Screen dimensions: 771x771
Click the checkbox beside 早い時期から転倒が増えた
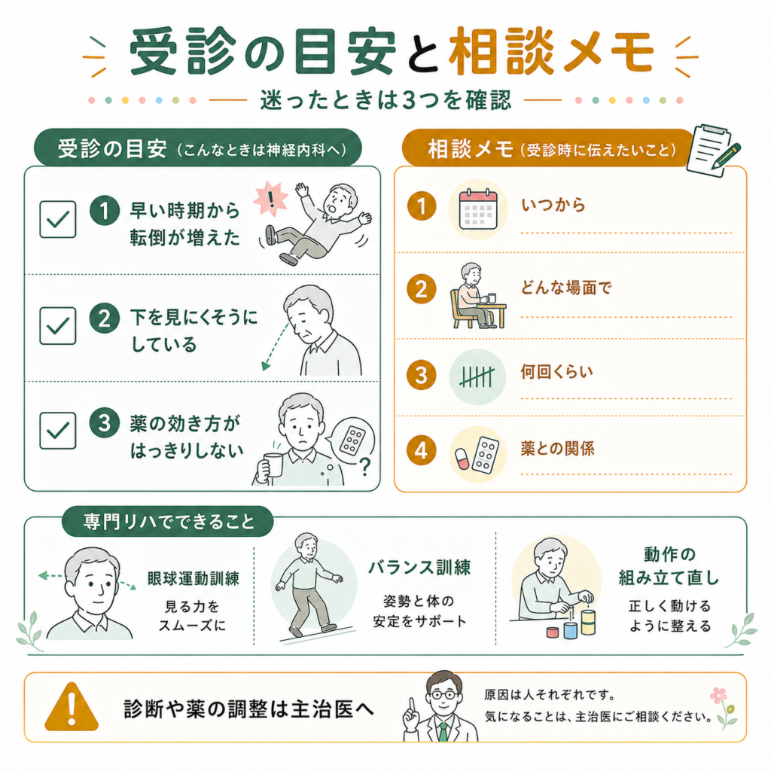click(x=57, y=219)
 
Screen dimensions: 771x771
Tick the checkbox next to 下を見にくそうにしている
click(x=57, y=325)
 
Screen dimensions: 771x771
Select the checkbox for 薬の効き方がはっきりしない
click(x=57, y=431)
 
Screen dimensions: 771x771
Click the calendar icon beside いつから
click(x=478, y=210)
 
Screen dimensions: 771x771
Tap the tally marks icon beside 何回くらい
click(x=477, y=376)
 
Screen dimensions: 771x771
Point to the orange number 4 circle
click(x=422, y=450)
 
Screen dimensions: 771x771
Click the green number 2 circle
click(x=104, y=318)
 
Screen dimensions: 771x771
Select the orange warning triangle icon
click(x=72, y=706)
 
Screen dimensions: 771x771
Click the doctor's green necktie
click(x=443, y=731)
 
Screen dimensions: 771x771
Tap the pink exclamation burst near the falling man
click(x=270, y=199)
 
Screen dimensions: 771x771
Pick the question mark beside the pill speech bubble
click(x=364, y=466)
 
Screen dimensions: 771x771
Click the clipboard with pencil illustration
click(x=713, y=150)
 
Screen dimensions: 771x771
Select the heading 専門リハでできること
click(x=169, y=522)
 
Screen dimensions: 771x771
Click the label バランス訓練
click(x=419, y=568)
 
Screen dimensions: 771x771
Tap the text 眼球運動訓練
click(x=194, y=579)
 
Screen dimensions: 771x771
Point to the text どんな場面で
click(x=566, y=287)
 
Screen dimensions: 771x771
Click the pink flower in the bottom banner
click(x=718, y=696)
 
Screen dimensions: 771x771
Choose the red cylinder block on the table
click(x=553, y=632)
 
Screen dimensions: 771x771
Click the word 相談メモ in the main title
click(x=551, y=51)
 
